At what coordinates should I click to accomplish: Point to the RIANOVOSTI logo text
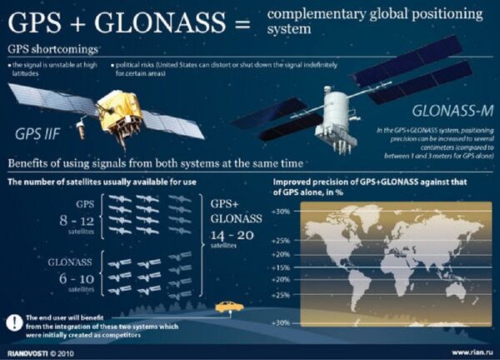(x=27, y=352)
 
